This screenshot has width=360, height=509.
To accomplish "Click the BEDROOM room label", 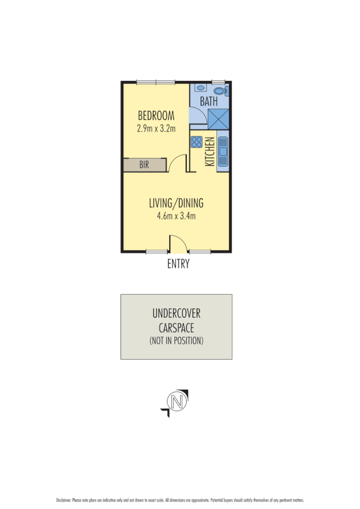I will click(x=156, y=116).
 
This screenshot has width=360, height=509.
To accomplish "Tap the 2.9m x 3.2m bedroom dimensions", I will click(x=156, y=128).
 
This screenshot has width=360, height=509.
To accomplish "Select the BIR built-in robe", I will click(x=144, y=165).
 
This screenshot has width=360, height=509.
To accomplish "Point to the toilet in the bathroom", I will click(x=221, y=90).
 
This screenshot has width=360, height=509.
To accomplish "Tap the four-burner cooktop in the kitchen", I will click(x=196, y=141).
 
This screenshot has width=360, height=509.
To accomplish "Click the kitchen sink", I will click(x=222, y=150).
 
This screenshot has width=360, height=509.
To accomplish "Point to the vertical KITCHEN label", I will click(x=209, y=152).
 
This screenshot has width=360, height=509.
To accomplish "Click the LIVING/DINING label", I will click(x=176, y=203).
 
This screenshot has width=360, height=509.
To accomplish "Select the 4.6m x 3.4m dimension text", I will click(x=176, y=215).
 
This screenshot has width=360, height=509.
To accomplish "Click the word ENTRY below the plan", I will click(x=178, y=264).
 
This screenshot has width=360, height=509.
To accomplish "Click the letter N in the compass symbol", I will click(x=177, y=402).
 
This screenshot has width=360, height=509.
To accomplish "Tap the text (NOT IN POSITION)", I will click(x=176, y=340).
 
